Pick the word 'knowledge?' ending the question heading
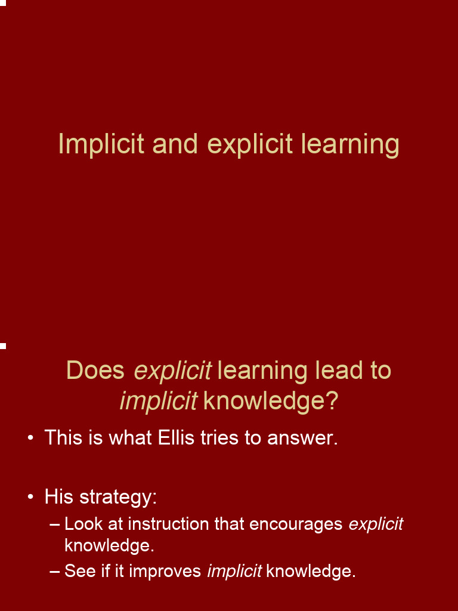click(x=270, y=401)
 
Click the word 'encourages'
click(x=296, y=524)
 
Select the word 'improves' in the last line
click(x=165, y=572)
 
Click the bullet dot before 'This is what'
click(x=30, y=439)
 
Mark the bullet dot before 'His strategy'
click(x=30, y=497)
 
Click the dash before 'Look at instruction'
click(x=55, y=524)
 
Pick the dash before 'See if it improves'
click(x=55, y=572)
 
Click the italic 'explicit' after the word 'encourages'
click(x=376, y=524)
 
